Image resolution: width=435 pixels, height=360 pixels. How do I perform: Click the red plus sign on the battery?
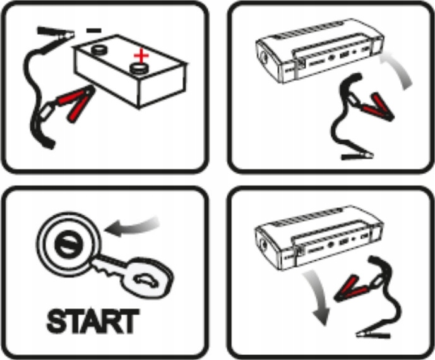point(141,56)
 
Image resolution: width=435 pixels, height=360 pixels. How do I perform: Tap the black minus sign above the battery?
point(94,30)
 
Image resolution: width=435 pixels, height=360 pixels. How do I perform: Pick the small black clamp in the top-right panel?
point(357,156)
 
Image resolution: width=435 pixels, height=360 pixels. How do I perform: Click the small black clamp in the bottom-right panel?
point(373,334)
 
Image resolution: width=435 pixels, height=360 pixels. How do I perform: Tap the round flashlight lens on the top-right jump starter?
point(263,57)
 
